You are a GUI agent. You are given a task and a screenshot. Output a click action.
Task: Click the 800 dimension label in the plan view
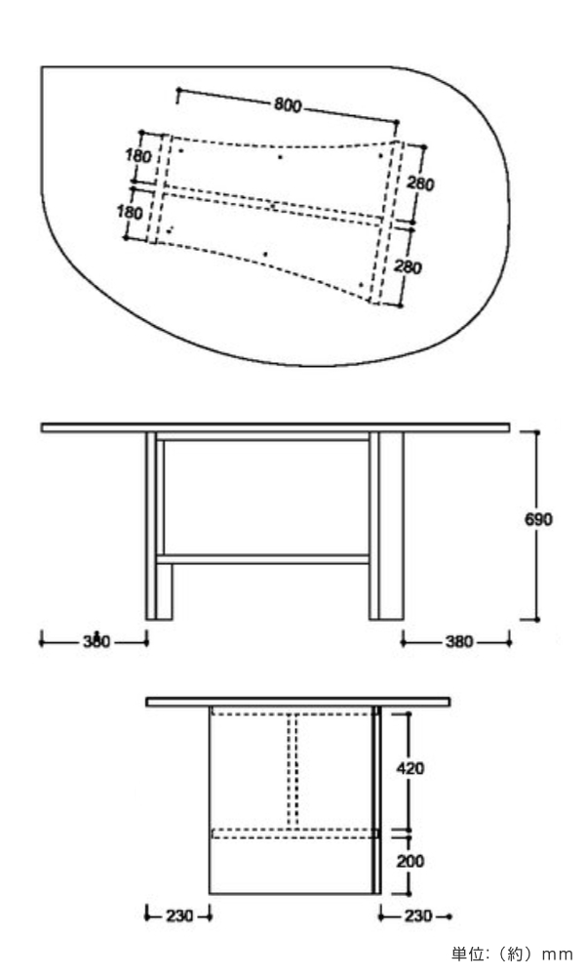coord(288,105)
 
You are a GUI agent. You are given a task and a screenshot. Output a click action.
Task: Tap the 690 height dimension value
coord(538,519)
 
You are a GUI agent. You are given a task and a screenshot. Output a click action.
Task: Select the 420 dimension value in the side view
coord(410,768)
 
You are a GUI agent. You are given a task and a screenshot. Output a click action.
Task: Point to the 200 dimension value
coord(410,861)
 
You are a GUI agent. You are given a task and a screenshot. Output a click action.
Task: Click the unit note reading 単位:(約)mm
coord(511,954)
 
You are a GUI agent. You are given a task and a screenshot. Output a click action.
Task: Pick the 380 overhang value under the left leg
coord(96,641)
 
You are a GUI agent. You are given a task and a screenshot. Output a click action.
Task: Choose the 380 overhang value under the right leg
coord(459,641)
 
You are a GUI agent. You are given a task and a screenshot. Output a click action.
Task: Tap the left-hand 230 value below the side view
coord(179,916)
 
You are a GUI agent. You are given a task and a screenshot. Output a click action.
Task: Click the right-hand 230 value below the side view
coord(417,916)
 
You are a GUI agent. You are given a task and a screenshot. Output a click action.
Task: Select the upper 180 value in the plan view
coord(138,155)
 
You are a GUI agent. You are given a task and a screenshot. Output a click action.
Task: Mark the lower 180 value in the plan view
coord(130,212)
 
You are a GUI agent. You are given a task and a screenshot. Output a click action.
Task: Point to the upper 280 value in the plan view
coord(420,183)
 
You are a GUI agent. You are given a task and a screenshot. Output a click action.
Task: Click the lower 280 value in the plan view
coord(408,267)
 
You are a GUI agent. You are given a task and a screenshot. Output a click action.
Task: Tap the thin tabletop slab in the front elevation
coord(275,427)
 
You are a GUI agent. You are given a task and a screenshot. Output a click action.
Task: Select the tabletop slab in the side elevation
coord(297,702)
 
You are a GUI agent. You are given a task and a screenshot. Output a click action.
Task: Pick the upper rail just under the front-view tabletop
coord(262,436)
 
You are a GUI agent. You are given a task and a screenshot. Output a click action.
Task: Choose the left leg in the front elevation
coord(159,526)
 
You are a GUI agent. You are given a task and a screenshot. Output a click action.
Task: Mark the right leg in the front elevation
coord(386,526)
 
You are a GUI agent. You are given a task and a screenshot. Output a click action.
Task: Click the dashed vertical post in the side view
coord(293,771)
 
